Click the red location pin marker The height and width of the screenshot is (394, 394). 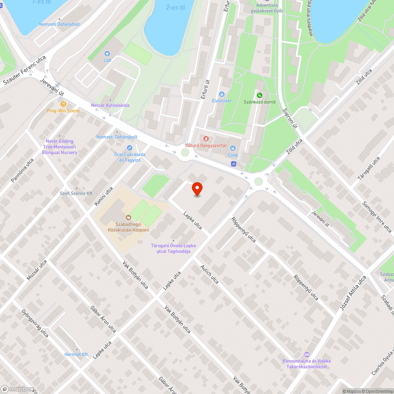point(197,189)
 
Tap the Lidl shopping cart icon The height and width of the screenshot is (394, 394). point(106,54)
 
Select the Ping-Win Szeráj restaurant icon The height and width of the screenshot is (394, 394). point(63,104)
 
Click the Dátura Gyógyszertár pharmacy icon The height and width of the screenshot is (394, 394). point(206,138)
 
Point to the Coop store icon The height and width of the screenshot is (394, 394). point(233,148)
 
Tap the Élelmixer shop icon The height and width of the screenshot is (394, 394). point(222,94)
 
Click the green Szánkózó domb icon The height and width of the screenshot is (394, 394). point(259,95)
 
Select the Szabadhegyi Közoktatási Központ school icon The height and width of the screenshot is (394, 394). point(128,217)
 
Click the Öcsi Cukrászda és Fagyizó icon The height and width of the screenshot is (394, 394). point(129,147)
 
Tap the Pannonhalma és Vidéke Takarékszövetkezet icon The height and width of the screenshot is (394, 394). point(307,355)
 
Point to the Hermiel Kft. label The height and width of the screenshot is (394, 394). point(76,355)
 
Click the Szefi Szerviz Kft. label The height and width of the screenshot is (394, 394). point(76,193)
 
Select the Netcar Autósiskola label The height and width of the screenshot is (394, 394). point(110,105)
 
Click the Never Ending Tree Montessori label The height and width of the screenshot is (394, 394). point(59,147)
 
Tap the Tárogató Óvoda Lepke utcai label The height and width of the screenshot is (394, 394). point(173,248)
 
